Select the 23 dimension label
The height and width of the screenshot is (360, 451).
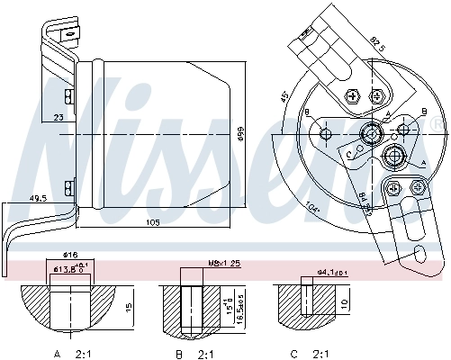tap(59, 117)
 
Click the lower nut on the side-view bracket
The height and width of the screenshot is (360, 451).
tap(68, 187)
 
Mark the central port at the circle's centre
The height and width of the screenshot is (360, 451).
tap(369, 135)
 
